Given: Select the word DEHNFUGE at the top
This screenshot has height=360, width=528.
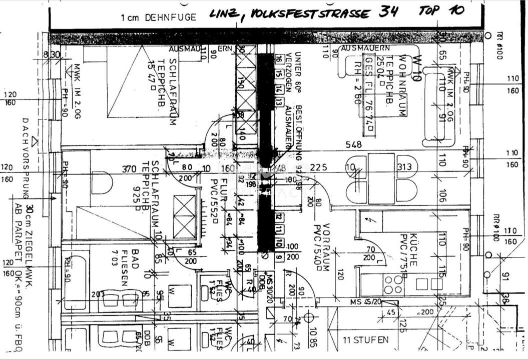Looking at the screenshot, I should point(171,17).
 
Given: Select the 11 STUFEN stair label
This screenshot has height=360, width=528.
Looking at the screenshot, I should point(365,340).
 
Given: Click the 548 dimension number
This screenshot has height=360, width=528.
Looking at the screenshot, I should point(353,144).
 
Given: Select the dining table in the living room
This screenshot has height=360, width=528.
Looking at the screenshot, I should point(381,178).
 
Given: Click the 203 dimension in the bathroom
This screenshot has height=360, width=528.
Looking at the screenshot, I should point(98,294).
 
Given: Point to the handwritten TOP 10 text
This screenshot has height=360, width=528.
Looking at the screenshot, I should point(442,11).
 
